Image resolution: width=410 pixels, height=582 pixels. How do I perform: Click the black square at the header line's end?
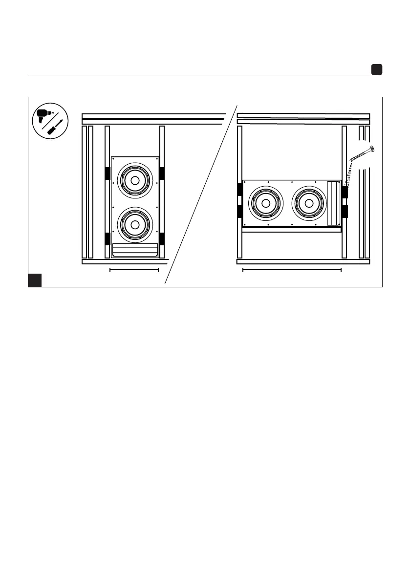click(376, 70)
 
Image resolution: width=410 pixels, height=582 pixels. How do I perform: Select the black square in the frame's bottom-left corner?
click(34, 280)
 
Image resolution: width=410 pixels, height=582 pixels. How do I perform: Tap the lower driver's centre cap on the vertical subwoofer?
click(135, 225)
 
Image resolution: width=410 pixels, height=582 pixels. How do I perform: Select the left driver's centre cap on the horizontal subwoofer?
click(266, 203)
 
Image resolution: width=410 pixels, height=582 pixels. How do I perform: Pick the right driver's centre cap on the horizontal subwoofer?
click(309, 203)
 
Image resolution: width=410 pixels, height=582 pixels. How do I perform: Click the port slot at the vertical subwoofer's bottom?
click(135, 250)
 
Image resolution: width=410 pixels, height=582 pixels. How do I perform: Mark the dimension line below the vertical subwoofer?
click(134, 269)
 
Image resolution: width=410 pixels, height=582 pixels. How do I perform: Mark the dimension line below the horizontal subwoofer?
click(292, 269)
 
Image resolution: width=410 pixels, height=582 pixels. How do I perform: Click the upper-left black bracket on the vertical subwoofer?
click(108, 173)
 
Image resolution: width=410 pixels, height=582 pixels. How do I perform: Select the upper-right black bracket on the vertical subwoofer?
click(162, 173)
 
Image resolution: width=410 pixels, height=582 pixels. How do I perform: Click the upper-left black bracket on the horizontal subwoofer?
click(239, 190)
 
